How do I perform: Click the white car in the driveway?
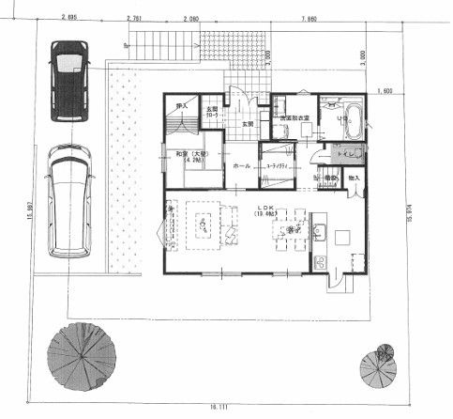coord(69,201)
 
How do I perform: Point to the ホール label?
coord(240,164)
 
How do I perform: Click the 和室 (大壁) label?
coord(184,155)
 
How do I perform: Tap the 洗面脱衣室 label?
coord(294,116)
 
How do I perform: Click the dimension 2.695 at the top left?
coord(66,18)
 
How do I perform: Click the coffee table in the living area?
coord(202,225)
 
